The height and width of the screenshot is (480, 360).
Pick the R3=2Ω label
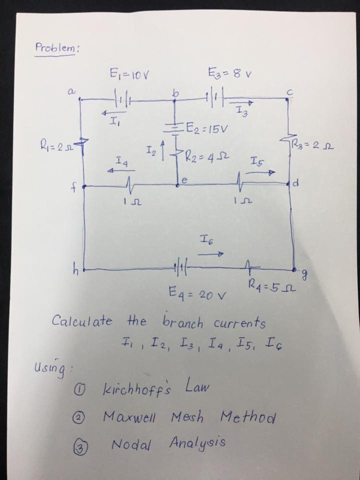314,147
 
